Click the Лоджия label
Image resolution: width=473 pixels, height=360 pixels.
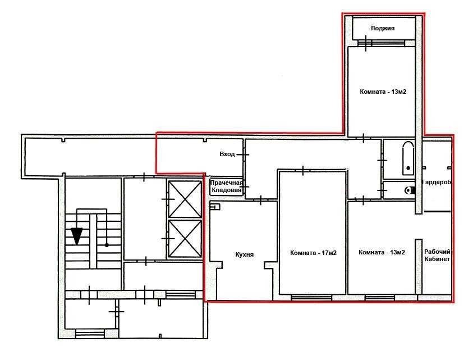point(383,29)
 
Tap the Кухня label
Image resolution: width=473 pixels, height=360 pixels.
point(244,254)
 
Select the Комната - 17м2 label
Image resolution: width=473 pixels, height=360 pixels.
point(313,253)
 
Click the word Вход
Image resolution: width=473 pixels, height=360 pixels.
point(227,154)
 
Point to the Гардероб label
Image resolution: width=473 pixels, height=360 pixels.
point(437,182)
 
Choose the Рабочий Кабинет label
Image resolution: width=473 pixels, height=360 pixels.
point(437,256)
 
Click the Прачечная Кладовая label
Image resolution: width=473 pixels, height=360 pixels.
point(226,186)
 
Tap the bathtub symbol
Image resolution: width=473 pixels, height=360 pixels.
point(408,158)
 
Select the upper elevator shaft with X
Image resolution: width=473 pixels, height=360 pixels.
point(185,199)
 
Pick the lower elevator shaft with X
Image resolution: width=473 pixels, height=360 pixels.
point(185,239)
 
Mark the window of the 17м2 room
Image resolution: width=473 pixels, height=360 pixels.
point(311,298)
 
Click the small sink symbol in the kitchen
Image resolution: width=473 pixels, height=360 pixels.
point(215,207)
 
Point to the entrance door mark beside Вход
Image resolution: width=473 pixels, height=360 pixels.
point(243,154)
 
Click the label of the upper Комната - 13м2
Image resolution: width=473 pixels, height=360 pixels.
point(383,92)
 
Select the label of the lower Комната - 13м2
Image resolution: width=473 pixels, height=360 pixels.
point(382,252)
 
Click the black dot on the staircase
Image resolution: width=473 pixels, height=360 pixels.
point(107,245)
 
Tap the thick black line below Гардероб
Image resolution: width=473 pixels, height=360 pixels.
point(437,211)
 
